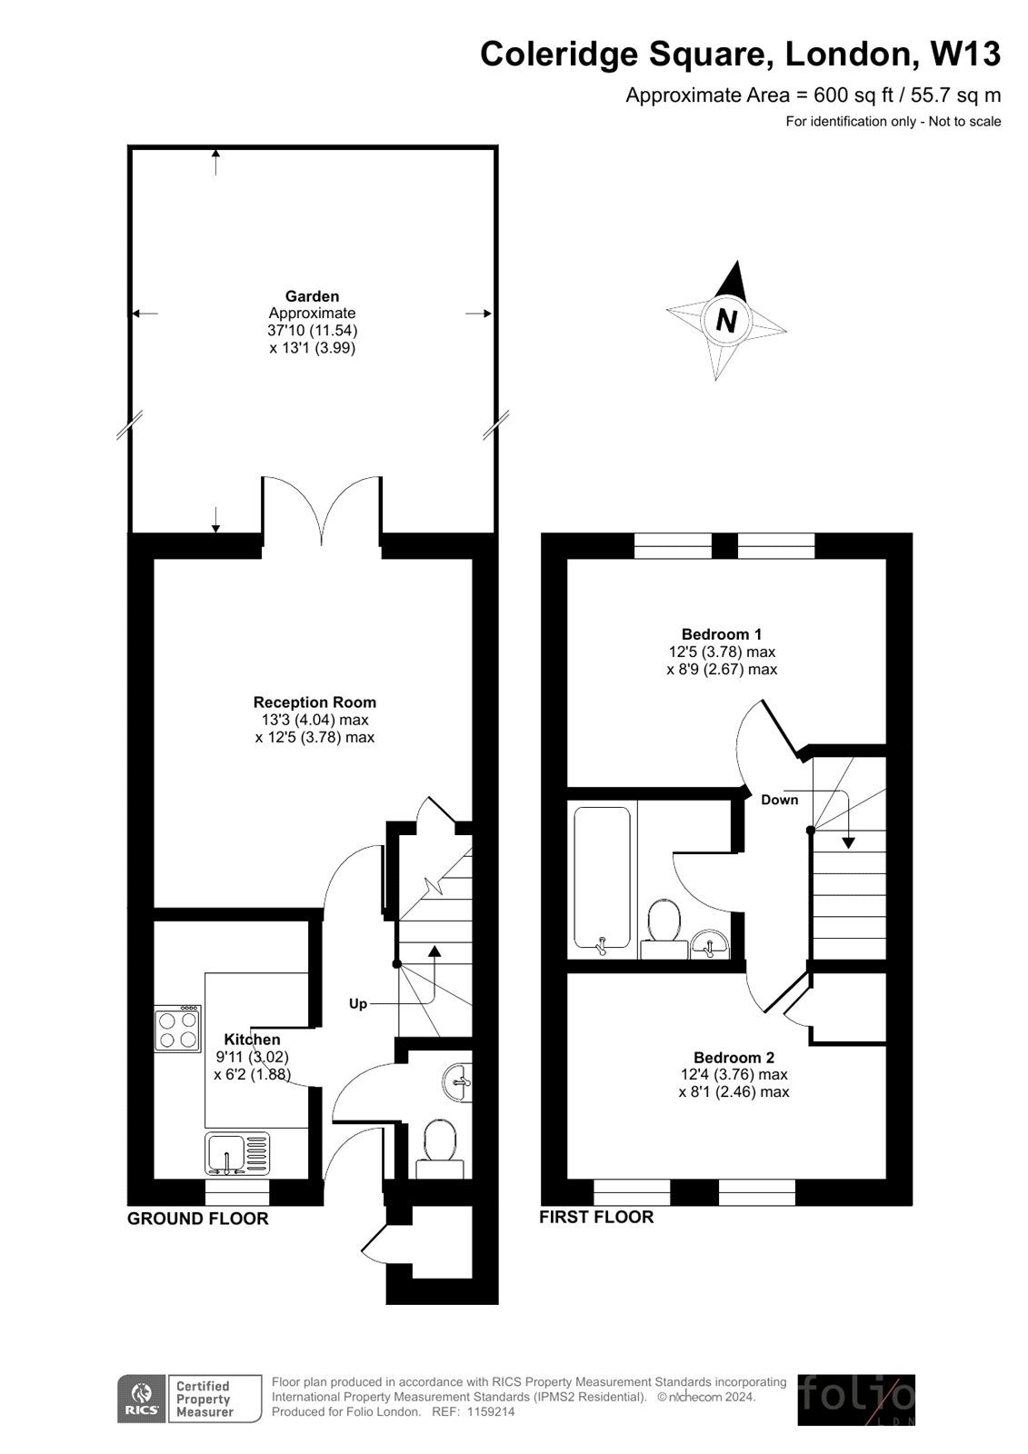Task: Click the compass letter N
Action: coord(726,320)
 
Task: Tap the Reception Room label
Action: coord(314,702)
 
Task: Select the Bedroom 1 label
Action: coord(722,634)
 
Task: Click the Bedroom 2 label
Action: coord(734,1058)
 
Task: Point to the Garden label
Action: coord(312,296)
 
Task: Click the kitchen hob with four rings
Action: coord(178,1029)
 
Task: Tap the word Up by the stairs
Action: coord(358,1004)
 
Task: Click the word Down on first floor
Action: coord(779,800)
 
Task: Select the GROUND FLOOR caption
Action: coord(197,1219)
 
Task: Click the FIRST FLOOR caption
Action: coord(596,1217)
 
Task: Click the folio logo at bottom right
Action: coord(855,1399)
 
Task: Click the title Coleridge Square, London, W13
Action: coord(740,55)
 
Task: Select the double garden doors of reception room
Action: coord(322,513)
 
